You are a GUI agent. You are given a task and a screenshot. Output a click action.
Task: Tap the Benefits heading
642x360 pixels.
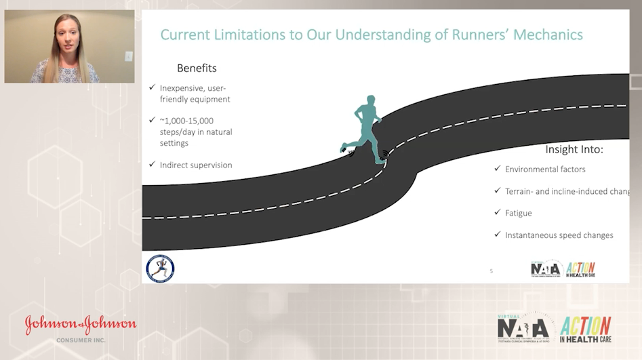coord(197,68)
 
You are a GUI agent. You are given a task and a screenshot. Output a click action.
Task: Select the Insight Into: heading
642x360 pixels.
coord(574,149)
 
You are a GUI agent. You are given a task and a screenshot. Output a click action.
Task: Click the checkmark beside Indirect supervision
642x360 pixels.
coord(152,164)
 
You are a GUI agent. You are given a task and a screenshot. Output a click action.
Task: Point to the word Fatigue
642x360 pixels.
coord(519,213)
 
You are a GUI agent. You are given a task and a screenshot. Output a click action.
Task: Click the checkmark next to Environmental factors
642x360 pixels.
coord(498,169)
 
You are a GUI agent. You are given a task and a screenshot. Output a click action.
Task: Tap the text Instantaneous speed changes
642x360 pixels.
coord(559,235)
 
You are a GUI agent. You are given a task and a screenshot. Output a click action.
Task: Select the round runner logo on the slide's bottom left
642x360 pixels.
coord(160,268)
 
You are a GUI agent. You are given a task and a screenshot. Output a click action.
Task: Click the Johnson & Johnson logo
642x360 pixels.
coord(81,325)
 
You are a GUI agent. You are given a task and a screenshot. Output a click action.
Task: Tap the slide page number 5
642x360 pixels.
coord(491,271)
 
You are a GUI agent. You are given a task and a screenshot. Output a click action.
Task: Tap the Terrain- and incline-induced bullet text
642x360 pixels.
coord(567,191)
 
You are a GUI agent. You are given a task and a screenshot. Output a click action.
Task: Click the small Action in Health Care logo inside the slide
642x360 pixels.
coord(580,268)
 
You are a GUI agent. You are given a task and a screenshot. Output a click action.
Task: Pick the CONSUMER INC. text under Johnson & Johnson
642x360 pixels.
coord(81,340)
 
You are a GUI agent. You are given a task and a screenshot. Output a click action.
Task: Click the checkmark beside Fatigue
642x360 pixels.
coord(498,213)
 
